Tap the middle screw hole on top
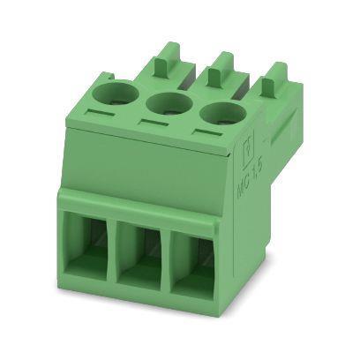[x=165, y=104]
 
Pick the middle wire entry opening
[x=139, y=259]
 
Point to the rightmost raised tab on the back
[x=276, y=78]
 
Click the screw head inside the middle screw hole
[x=167, y=108]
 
